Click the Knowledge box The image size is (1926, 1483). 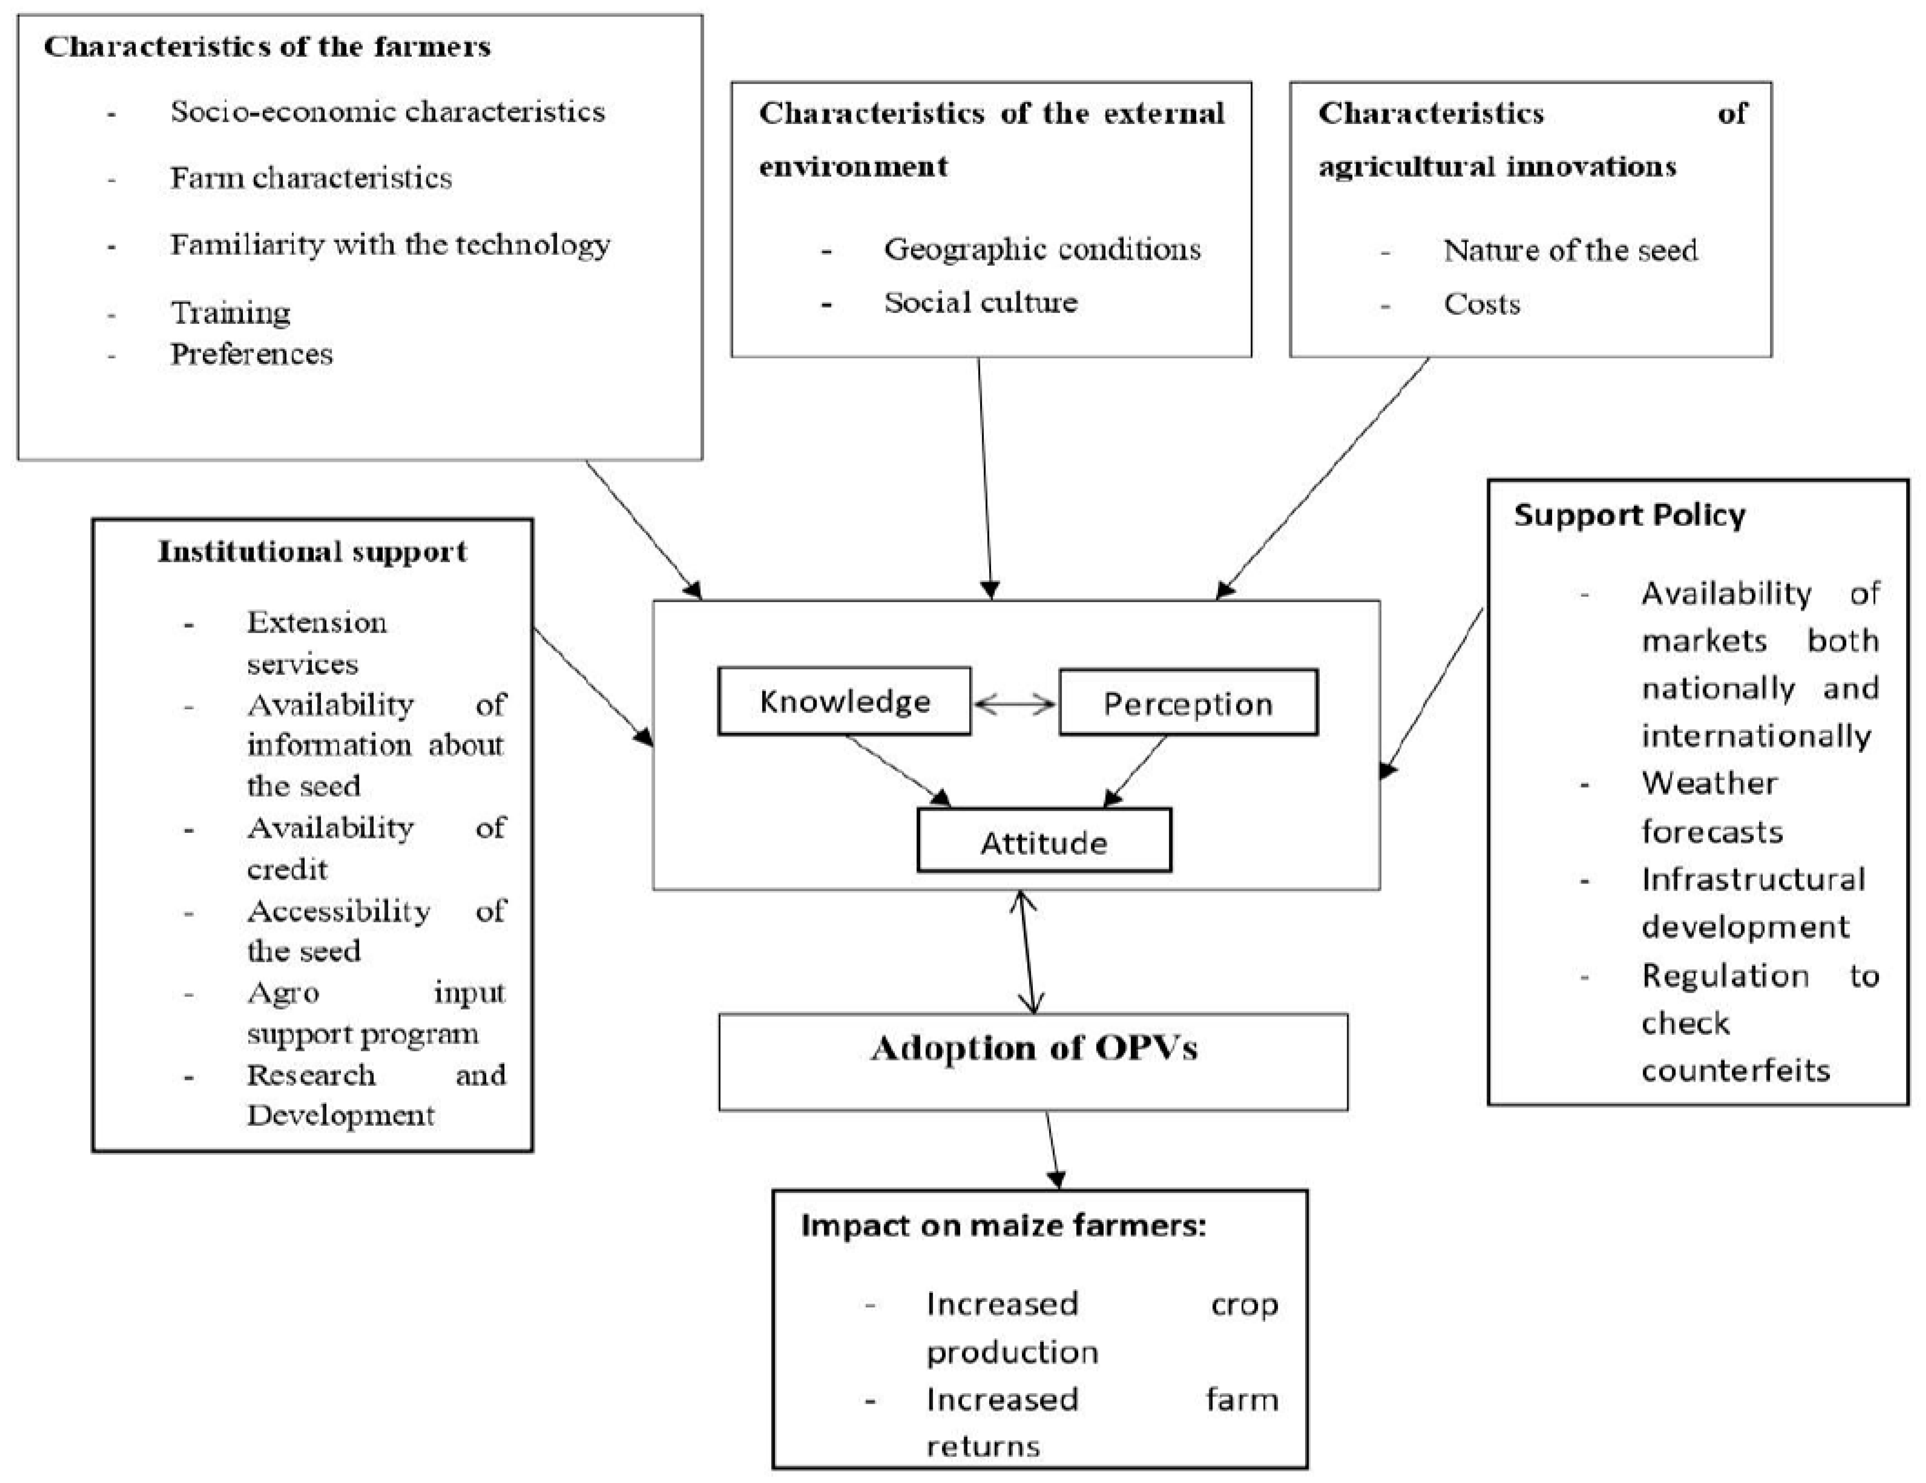point(844,701)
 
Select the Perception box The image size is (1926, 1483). point(1188,703)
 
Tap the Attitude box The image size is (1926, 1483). point(1044,842)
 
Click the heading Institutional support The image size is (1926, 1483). point(312,551)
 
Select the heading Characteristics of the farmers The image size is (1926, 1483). point(267,46)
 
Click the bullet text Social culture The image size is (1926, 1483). point(980,302)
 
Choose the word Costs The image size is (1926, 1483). point(1481,304)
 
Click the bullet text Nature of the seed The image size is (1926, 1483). point(1570,250)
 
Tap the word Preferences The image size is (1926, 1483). point(251,354)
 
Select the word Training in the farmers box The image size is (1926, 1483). point(230,312)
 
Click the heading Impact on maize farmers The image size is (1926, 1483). point(1003,1226)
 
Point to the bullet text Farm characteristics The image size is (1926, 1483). point(310,178)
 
